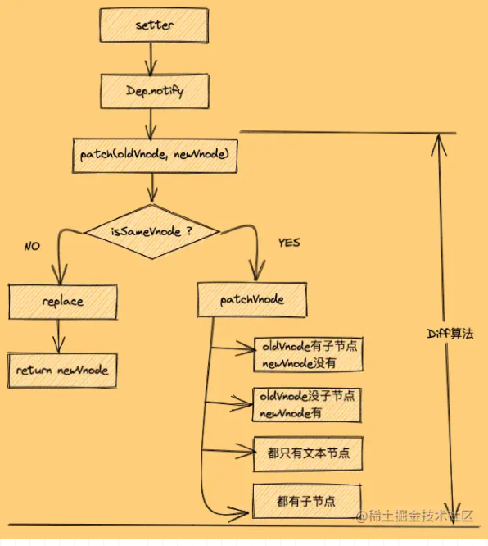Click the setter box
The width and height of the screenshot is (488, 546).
(154, 25)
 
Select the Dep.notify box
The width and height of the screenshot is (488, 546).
(155, 91)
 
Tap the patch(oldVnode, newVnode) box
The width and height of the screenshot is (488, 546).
(155, 156)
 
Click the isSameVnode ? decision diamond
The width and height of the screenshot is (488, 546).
(152, 231)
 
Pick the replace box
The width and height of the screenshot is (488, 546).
(63, 302)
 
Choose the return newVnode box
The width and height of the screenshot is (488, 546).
(62, 371)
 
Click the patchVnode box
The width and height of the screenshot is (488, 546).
(252, 300)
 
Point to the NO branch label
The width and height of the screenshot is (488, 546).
(32, 247)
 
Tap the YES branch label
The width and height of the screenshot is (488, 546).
(289, 243)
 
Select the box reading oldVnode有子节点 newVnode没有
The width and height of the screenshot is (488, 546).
(309, 354)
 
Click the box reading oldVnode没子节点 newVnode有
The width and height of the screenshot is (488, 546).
(307, 405)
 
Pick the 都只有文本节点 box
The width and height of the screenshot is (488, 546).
(308, 453)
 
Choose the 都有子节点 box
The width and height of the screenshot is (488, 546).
(307, 502)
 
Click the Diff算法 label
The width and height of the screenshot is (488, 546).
(450, 334)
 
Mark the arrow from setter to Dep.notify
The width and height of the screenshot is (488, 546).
(151, 58)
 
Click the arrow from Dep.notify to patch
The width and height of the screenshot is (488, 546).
(151, 125)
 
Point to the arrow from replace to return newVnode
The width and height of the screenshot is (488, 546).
(58, 336)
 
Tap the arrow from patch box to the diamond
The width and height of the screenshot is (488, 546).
(152, 188)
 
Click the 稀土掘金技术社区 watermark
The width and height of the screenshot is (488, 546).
(414, 516)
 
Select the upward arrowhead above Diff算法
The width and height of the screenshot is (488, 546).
(439, 144)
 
